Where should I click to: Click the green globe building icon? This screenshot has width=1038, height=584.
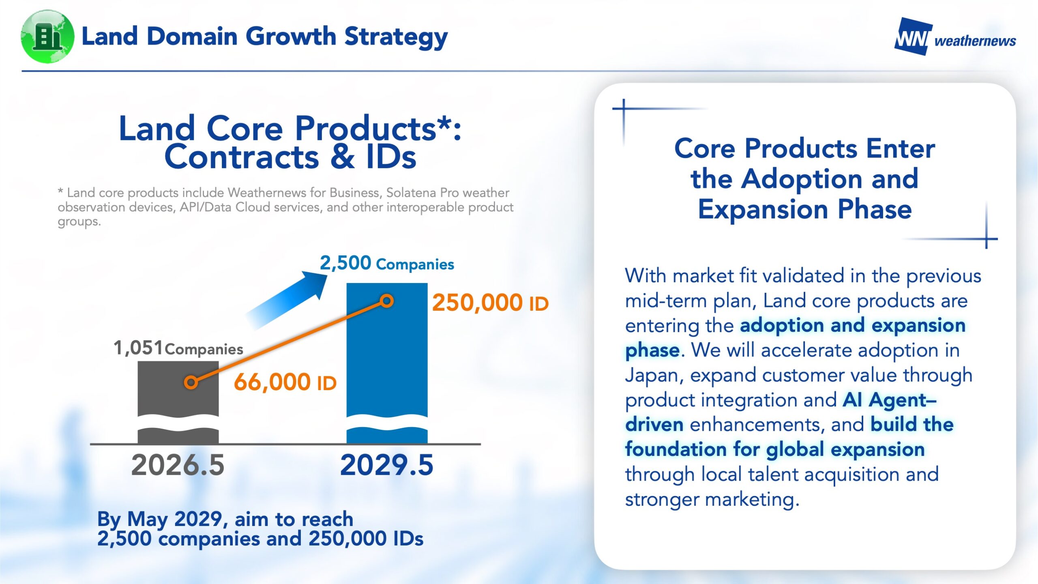47,36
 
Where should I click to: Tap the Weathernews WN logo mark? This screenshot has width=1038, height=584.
912,36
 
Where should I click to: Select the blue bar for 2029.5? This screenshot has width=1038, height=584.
387,363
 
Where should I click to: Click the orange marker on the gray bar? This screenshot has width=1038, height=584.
191,382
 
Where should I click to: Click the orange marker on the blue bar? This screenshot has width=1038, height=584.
387,301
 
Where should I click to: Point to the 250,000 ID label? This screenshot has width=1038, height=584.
490,303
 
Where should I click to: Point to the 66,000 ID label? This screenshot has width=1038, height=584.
285,382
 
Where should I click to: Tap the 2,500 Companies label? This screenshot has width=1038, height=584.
387,263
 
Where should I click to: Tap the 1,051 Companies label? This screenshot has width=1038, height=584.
178,348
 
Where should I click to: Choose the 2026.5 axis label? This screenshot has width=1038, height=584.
178,465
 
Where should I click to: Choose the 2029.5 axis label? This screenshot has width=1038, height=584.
387,465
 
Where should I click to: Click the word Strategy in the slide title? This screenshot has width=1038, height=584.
396,37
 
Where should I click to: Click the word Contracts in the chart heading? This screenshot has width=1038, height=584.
242,157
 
